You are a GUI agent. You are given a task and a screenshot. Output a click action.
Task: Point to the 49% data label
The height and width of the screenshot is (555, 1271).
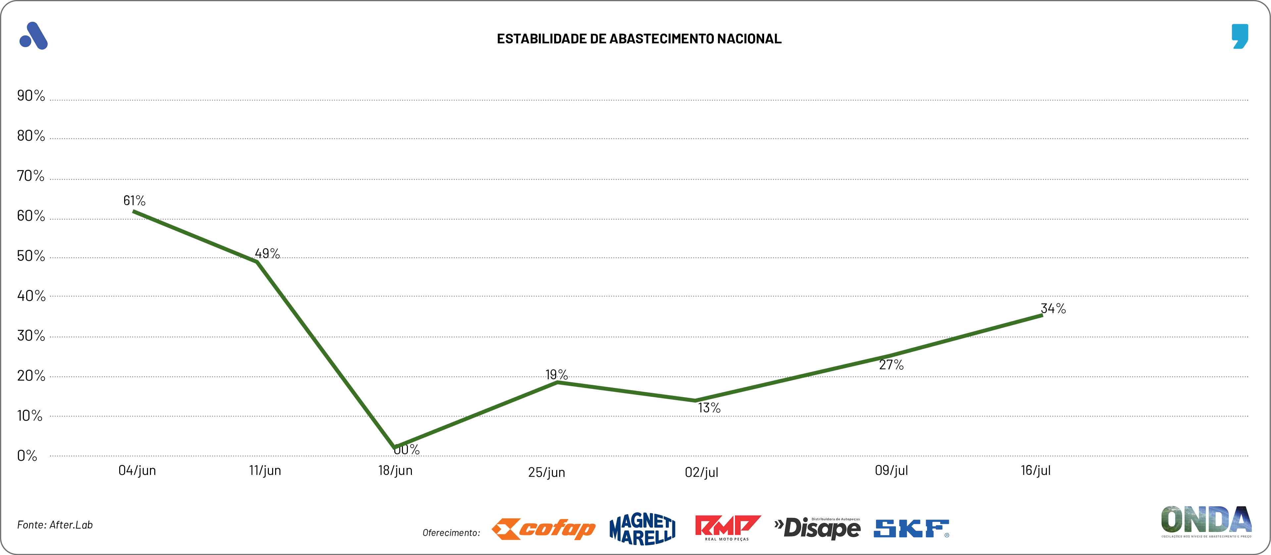pyautogui.click(x=267, y=254)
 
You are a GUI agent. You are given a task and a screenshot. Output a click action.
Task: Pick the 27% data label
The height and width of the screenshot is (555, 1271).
pyautogui.click(x=891, y=365)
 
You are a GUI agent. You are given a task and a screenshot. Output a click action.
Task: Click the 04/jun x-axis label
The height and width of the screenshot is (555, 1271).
pyautogui.click(x=137, y=471)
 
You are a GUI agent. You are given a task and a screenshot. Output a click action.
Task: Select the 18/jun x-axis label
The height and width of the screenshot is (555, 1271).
pyautogui.click(x=395, y=471)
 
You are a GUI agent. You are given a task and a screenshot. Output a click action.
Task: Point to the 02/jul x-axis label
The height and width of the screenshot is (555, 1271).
pyautogui.click(x=701, y=473)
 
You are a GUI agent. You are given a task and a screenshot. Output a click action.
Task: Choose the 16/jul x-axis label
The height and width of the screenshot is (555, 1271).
pyautogui.click(x=1036, y=471)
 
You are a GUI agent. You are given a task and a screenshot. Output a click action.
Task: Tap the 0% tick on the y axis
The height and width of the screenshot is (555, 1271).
pyautogui.click(x=27, y=456)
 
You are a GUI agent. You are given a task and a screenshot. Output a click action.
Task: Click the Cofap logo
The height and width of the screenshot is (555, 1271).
pyautogui.click(x=543, y=529)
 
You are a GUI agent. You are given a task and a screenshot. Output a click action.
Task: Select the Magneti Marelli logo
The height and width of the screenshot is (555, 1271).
pyautogui.click(x=642, y=529)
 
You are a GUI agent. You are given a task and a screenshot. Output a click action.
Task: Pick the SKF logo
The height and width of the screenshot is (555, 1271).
pyautogui.click(x=911, y=529)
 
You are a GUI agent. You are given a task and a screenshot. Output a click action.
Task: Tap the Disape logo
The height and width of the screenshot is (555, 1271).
pyautogui.click(x=817, y=529)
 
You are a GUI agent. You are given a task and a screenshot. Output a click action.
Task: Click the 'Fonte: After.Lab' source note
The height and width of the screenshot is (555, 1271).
pyautogui.click(x=55, y=525)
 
